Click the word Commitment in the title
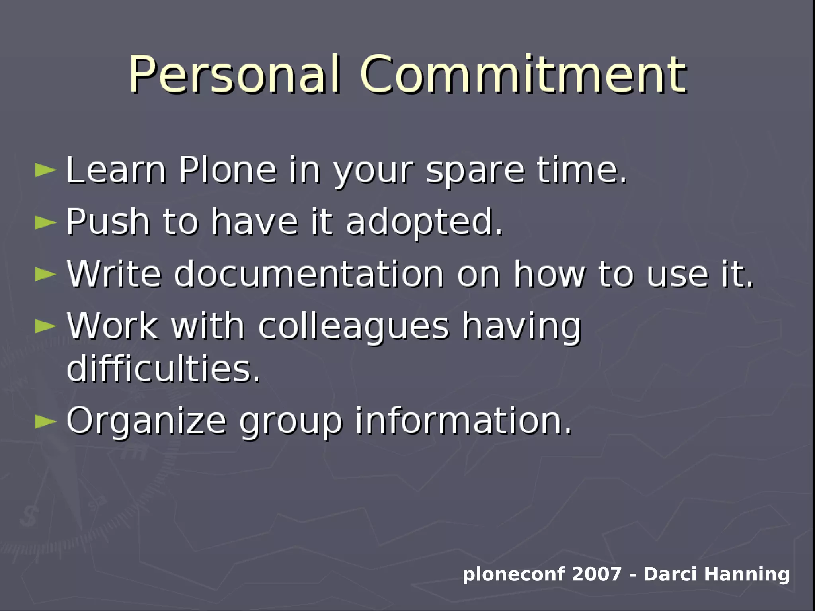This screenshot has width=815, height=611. point(523,74)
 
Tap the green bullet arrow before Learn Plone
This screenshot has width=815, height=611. point(45,170)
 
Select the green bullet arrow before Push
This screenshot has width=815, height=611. point(45,222)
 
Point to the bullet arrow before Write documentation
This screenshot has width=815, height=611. point(45,274)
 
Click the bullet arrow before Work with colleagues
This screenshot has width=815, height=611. point(45,326)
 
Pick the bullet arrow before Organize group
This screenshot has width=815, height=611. point(45,422)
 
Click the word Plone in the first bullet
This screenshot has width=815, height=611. point(228,170)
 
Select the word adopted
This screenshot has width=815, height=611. point(424,223)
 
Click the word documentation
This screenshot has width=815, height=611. point(308,274)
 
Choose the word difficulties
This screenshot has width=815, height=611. point(163,369)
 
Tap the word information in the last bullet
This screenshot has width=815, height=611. point(463,421)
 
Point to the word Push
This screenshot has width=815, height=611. point(108,222)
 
